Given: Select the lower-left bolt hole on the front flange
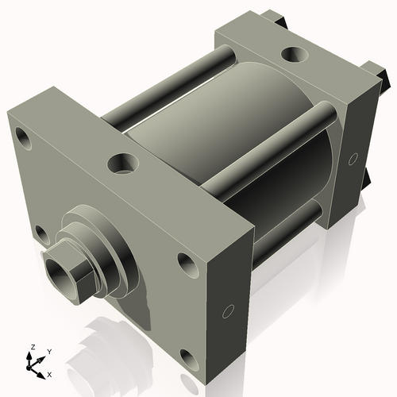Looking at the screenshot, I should [40, 233].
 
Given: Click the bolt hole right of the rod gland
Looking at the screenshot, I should [185, 262].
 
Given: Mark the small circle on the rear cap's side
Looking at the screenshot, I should [352, 160].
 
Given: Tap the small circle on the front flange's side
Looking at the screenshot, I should [229, 310].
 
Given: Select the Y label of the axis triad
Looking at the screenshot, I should [49, 350].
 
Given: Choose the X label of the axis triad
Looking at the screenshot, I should [49, 373].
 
